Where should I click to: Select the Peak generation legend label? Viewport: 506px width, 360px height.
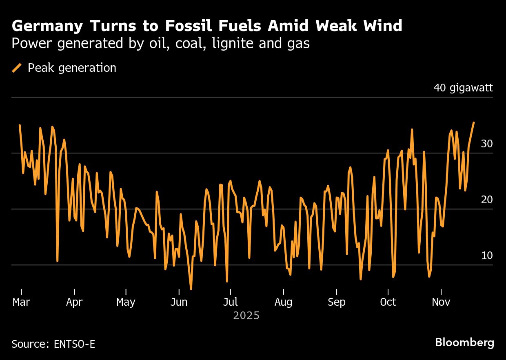[x=72, y=68]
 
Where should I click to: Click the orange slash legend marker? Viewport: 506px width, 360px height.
[x=17, y=68]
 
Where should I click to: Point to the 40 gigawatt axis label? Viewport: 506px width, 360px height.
[x=463, y=88]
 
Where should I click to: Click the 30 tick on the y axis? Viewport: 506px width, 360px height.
[x=487, y=144]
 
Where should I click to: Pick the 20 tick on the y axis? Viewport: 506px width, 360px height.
[x=487, y=200]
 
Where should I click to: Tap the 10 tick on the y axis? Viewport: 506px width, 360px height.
[x=487, y=256]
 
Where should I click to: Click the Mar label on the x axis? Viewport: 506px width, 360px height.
[x=21, y=302]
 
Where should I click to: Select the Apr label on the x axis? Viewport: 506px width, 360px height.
[x=74, y=302]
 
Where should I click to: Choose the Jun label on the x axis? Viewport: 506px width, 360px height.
[x=179, y=302]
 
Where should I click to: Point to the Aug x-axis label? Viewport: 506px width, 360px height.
[x=283, y=302]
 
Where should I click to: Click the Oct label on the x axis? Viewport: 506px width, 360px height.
[x=388, y=302]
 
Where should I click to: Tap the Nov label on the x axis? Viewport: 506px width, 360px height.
[x=441, y=302]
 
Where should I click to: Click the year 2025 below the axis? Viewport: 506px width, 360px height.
[x=246, y=316]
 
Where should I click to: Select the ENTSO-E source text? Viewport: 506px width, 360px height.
[x=74, y=344]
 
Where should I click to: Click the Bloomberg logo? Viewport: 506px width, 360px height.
[x=464, y=342]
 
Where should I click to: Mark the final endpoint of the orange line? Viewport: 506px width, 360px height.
[x=473, y=122]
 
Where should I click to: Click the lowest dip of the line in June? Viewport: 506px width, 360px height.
[x=191, y=289]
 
